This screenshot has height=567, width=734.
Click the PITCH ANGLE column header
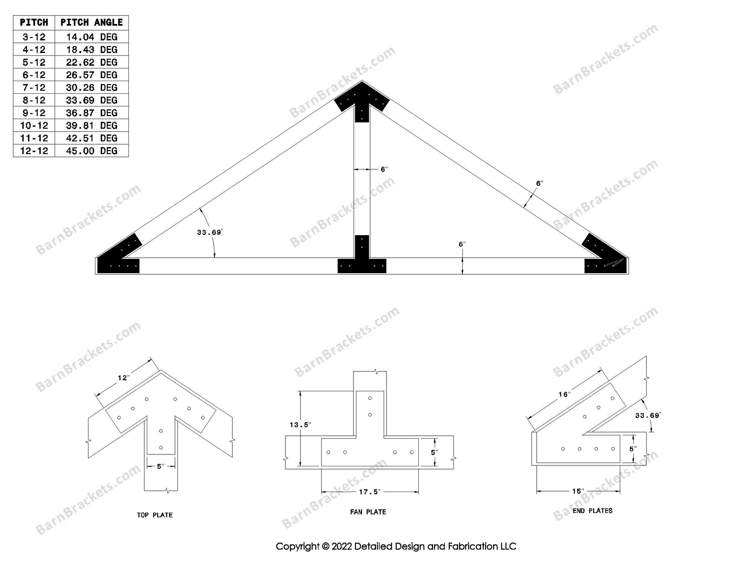(x=92, y=22)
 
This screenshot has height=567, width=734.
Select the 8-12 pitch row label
(x=34, y=100)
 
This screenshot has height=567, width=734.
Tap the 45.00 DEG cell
(x=92, y=151)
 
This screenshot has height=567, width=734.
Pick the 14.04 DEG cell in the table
(x=92, y=37)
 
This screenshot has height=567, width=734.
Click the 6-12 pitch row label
(x=34, y=75)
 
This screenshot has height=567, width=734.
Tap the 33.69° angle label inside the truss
(x=210, y=232)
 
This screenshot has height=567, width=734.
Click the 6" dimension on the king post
(x=384, y=169)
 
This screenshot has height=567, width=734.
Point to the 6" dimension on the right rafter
(x=539, y=183)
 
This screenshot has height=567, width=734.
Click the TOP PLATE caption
(x=155, y=515)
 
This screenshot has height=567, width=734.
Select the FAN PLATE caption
(x=368, y=512)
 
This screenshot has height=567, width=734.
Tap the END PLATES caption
(x=593, y=511)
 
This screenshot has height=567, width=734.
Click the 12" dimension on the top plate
(x=124, y=378)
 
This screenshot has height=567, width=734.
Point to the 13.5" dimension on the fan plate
(x=300, y=425)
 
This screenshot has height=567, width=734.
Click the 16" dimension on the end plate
(x=564, y=394)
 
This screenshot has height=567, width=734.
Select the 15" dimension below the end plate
(x=578, y=491)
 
